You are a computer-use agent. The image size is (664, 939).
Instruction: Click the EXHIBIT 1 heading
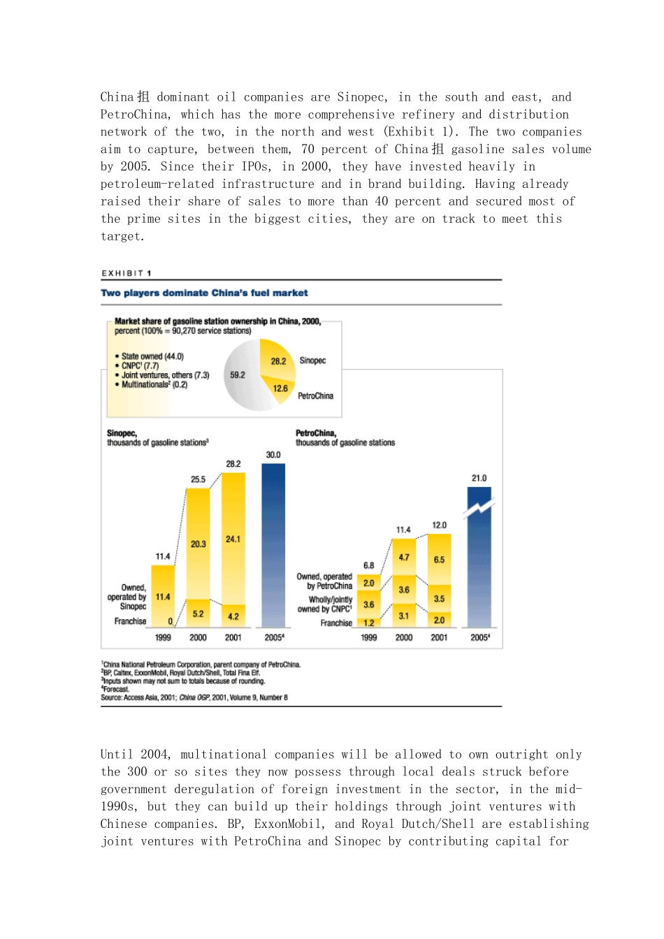click(127, 273)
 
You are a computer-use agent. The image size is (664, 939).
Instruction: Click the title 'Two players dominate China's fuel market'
click(204, 293)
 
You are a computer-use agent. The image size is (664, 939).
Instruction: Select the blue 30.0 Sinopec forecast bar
click(273, 545)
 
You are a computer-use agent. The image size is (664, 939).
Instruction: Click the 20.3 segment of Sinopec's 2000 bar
click(199, 543)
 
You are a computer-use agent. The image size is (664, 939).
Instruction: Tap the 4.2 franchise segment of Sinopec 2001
click(233, 616)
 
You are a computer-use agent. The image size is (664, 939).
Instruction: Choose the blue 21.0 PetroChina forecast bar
click(479, 559)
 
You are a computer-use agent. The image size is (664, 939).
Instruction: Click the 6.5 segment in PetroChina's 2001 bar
click(439, 559)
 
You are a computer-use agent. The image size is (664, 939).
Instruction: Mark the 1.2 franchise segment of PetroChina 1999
click(369, 623)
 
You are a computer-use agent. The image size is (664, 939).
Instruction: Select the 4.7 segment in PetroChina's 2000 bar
click(404, 557)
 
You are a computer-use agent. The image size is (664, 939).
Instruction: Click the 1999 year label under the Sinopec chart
click(163, 637)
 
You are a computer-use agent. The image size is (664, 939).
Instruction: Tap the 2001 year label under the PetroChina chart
click(439, 637)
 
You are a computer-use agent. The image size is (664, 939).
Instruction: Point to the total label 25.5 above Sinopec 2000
click(199, 479)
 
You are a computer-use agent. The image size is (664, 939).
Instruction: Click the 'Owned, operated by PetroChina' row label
click(324, 581)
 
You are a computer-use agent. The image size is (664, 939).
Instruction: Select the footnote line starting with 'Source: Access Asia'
click(194, 697)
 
